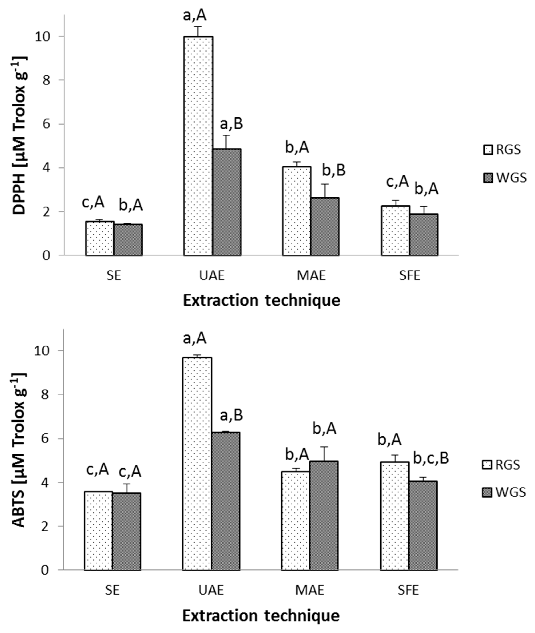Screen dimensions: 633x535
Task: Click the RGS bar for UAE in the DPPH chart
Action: pyautogui.click(x=198, y=145)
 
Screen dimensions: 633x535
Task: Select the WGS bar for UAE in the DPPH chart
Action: pyautogui.click(x=227, y=202)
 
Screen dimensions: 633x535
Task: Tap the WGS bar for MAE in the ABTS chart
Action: pyautogui.click(x=324, y=516)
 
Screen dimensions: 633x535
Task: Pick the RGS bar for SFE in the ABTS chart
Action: pyautogui.click(x=395, y=516)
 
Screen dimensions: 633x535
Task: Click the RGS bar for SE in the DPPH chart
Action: pyautogui.click(x=100, y=238)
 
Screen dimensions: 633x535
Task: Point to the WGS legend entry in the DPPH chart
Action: pyautogui.click(x=505, y=178)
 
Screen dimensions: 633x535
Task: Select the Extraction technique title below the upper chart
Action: pyautogui.click(x=261, y=301)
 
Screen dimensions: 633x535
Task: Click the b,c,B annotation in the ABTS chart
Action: pyautogui.click(x=431, y=459)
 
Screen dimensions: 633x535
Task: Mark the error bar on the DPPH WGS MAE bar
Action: pyautogui.click(x=325, y=191)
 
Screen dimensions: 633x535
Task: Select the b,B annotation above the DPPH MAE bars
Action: pyautogui.click(x=334, y=170)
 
